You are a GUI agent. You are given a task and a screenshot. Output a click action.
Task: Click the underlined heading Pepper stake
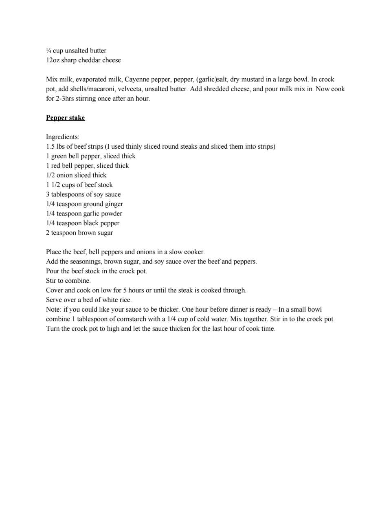pos(65,118)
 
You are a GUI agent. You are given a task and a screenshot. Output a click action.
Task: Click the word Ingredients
pos(62,137)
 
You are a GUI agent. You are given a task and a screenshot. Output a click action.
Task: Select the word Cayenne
pos(137,79)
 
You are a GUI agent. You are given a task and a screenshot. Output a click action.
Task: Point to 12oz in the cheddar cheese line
pos(53,60)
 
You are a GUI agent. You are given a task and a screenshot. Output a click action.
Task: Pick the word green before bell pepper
pos(59,156)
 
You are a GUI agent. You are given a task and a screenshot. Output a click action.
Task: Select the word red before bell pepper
pos(55,166)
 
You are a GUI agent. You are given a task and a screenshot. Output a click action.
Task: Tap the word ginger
pos(113,204)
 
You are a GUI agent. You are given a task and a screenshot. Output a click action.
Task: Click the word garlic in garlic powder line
pos(91,213)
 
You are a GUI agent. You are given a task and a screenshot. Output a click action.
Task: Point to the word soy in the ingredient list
pos(98,194)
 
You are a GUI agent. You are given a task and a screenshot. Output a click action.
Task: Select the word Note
pos(53,310)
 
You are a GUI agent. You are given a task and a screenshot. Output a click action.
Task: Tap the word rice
pos(124,300)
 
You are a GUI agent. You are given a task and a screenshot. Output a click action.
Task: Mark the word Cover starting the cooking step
pos(55,290)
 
